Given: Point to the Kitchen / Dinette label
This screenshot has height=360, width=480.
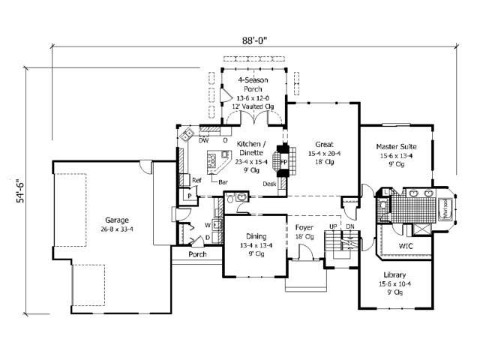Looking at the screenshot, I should point(250,148).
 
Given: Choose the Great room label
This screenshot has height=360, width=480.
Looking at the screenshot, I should point(324,144).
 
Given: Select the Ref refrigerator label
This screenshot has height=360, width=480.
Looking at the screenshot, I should point(196,180).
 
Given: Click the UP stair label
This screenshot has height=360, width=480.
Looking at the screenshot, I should point(333,226).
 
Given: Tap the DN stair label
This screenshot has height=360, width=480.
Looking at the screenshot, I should point(350,226).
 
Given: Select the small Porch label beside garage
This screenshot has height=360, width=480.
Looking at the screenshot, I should point(198,253).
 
